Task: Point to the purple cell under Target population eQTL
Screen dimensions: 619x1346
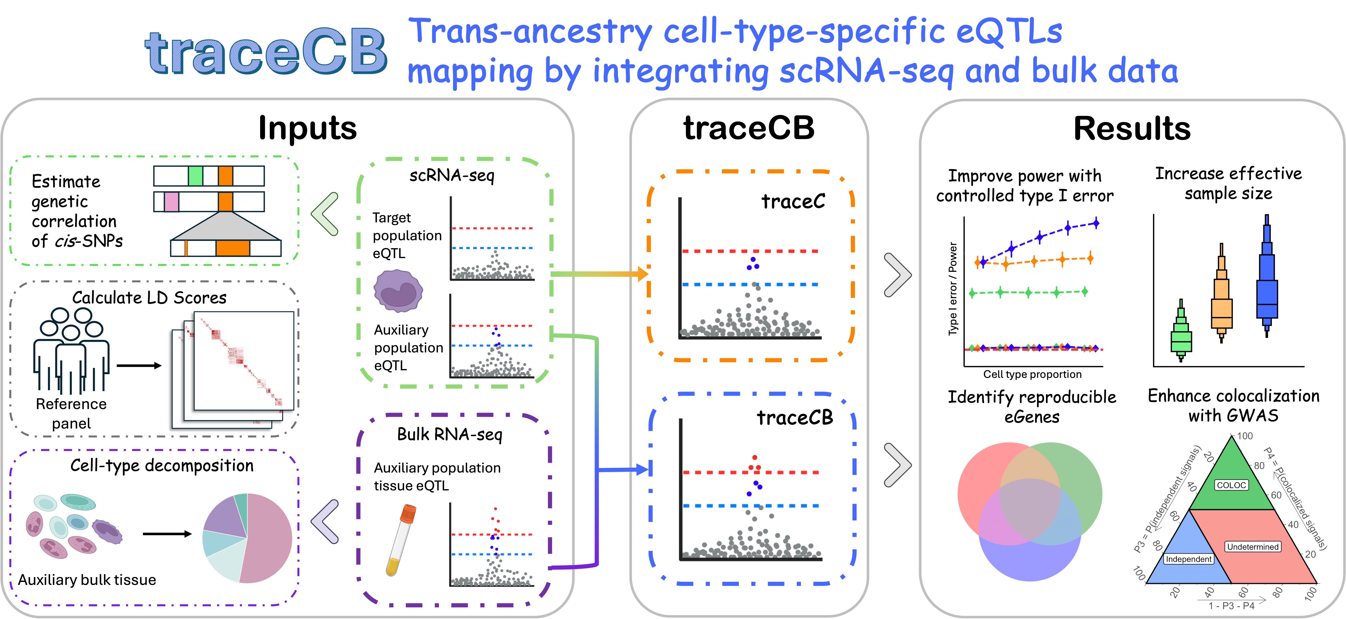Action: [398, 291]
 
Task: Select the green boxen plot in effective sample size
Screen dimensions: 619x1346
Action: [1181, 334]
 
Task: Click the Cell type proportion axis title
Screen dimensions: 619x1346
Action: [1032, 374]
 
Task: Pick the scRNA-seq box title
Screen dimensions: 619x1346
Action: [451, 175]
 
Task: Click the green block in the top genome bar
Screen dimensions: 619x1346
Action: [195, 176]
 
